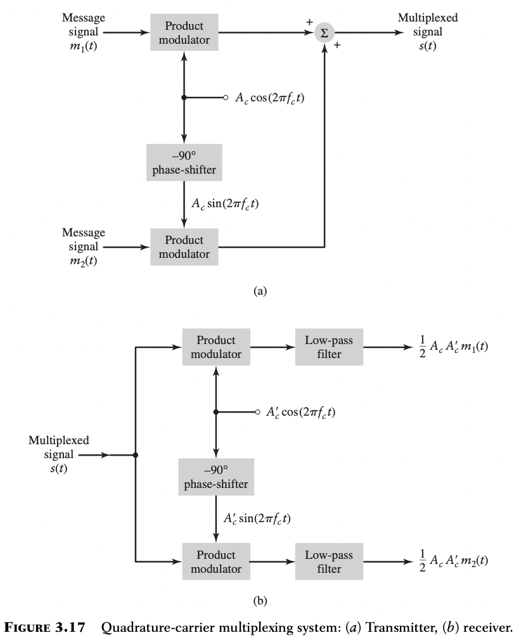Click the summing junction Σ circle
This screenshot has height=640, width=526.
324,33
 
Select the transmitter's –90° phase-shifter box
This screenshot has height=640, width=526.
184,162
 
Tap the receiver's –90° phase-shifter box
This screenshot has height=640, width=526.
216,477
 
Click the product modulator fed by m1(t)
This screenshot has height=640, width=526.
184,33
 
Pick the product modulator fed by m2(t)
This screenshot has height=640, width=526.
184,247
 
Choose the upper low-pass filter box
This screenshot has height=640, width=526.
330,347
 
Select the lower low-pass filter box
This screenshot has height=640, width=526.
330,561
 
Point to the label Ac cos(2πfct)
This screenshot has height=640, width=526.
270,98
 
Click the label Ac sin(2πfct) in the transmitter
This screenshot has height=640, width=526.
225,203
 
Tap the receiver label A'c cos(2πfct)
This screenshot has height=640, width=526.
301,413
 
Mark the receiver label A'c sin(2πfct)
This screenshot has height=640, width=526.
257,518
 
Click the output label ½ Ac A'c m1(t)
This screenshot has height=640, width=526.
453,347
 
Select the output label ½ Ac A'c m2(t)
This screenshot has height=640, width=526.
453,561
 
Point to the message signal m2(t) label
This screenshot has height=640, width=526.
84,246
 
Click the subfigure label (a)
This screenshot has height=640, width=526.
260,291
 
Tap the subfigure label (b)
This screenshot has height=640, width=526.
260,601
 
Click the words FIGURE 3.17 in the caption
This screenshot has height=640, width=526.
45,627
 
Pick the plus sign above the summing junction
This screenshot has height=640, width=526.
310,22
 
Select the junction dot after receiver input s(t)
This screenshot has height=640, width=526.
136,455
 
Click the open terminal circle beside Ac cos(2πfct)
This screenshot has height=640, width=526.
225,98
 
